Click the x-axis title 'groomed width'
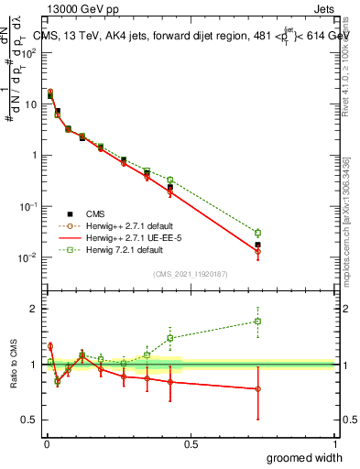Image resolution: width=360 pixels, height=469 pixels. [x=304, y=457]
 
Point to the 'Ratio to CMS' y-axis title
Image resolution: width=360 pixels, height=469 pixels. [x=15, y=364]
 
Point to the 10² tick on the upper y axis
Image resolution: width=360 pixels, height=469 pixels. [x=30, y=52]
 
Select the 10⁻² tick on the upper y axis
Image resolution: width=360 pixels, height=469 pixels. [x=30, y=257]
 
